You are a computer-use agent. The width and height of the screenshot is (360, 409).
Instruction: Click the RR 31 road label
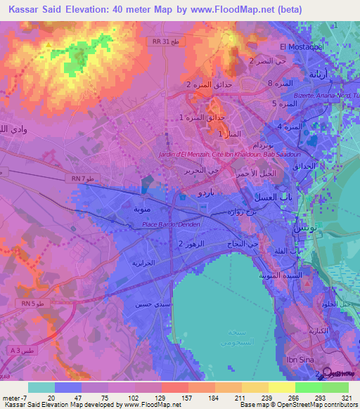coord(160,41)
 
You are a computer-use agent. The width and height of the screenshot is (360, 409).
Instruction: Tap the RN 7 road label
coord(81,178)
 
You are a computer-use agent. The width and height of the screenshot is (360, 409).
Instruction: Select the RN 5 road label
coord(27,303)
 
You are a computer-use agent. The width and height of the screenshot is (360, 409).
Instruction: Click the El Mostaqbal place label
coord(300,46)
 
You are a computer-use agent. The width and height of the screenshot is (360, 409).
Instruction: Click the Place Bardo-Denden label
coord(172,224)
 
